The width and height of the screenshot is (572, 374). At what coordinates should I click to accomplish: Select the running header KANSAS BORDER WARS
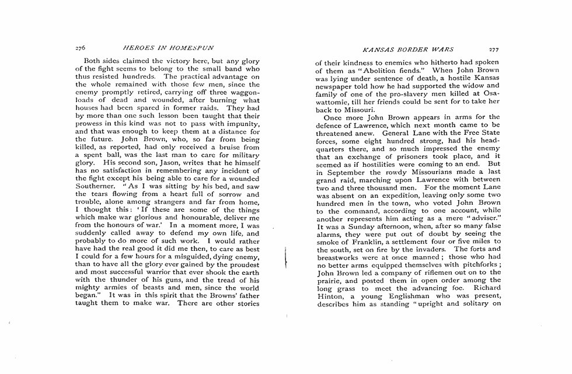point(408,50)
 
